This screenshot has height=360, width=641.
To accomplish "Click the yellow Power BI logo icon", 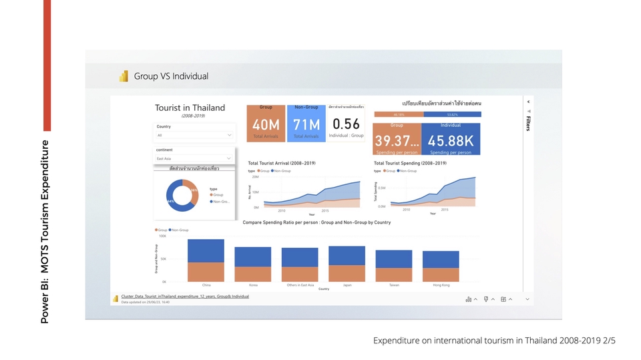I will [x=124, y=76].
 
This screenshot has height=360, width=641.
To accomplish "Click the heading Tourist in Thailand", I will [x=190, y=108].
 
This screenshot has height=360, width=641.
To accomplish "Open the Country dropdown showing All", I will [x=194, y=135].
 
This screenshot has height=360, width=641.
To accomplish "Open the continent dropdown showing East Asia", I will [x=194, y=158].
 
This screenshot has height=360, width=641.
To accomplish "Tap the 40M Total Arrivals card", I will [x=266, y=124].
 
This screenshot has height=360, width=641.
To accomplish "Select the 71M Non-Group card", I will [x=306, y=124].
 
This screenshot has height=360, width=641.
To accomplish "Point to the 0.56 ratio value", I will [x=346, y=124].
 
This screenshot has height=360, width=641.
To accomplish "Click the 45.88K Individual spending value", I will [x=451, y=141].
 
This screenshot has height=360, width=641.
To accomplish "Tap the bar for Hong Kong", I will [x=441, y=266].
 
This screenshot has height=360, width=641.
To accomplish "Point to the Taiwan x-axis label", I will [x=394, y=285].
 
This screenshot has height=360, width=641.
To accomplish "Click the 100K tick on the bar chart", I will [x=162, y=236].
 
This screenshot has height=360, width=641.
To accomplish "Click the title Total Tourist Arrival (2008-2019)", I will [x=281, y=163].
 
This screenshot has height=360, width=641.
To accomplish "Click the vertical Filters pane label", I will [x=528, y=123].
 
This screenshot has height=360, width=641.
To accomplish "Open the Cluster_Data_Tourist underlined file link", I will [x=184, y=297].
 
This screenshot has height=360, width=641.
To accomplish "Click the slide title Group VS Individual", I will [x=171, y=76].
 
